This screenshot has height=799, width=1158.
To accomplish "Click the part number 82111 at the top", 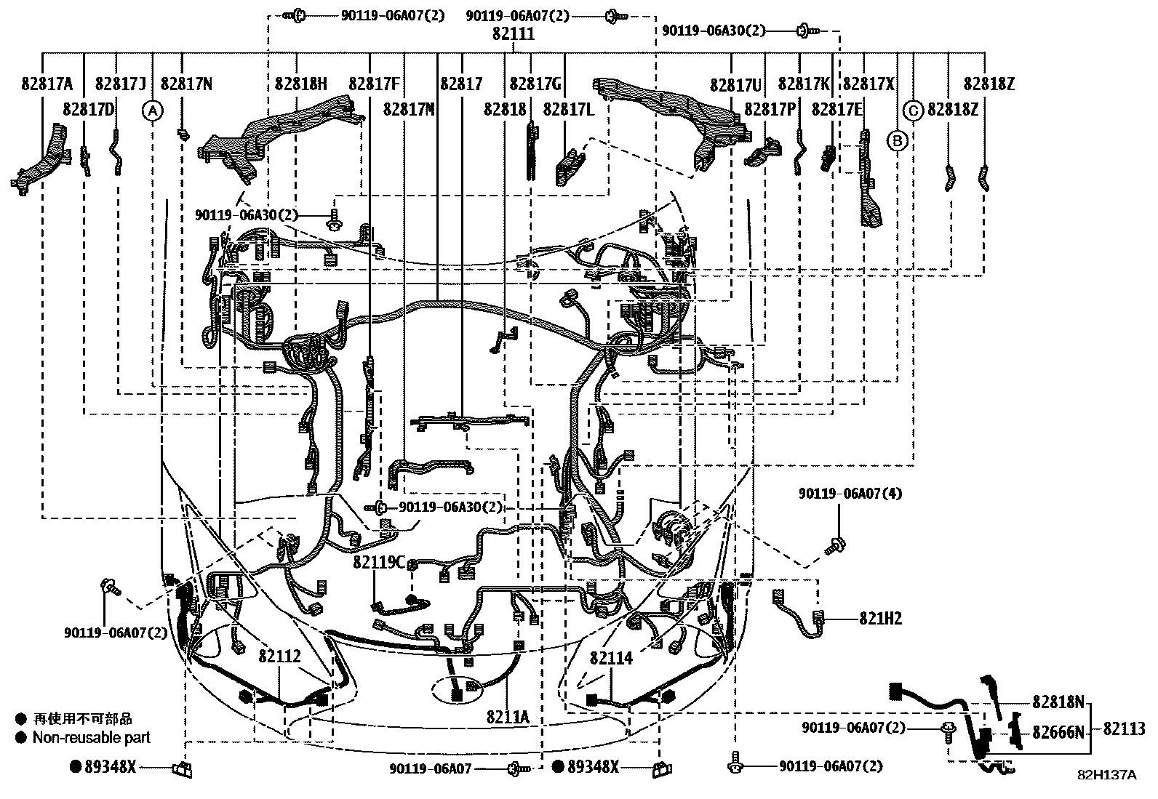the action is tap(513, 34).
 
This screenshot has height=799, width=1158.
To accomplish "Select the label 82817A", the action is tap(46, 84).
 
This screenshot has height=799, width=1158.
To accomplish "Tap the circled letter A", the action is tap(151, 111).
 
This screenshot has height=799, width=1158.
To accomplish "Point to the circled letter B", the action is tap(897, 140).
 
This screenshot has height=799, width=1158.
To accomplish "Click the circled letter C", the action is tap(913, 111).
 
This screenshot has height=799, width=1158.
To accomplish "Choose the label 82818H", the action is tap(301, 84).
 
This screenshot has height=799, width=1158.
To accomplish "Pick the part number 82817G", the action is tap(535, 84).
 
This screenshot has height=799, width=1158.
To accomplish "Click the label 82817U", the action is tap(736, 85).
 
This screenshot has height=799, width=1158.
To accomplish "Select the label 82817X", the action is tap(868, 84).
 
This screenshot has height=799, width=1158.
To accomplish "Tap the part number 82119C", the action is tap(379, 562).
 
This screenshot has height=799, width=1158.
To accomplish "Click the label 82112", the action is tap(279, 657).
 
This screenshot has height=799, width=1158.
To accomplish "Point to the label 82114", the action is tap(611, 658).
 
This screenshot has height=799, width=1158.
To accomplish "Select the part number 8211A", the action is tap(508, 718).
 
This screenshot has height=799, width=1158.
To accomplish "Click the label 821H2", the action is tap(880, 619).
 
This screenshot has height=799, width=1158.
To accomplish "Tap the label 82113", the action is tap(1124, 728).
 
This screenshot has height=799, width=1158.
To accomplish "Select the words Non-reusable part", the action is tap(92, 737).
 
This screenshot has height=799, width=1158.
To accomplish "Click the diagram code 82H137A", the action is tap(1106, 775).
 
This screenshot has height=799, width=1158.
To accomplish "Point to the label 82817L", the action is tap(569, 110).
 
